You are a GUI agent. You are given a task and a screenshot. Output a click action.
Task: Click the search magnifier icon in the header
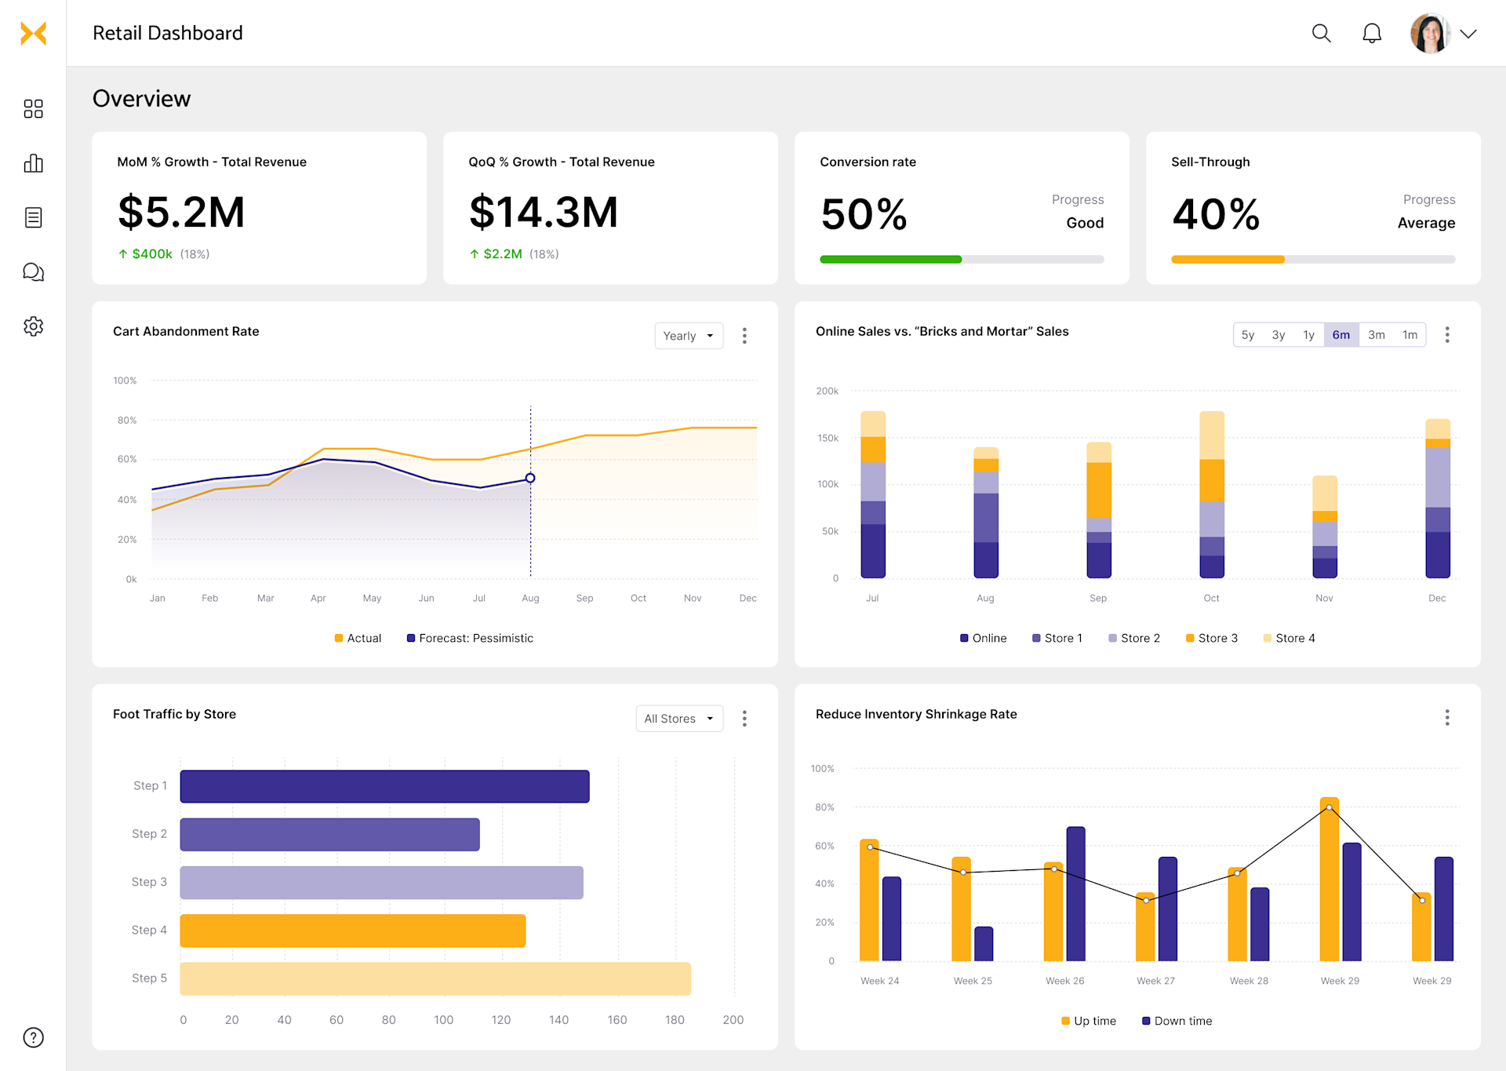[x=1321, y=33]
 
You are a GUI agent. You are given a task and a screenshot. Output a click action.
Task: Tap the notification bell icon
[x=1371, y=33]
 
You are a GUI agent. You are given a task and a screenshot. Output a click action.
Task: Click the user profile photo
[x=1429, y=33]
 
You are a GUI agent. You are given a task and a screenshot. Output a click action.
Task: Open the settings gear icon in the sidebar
[x=33, y=326]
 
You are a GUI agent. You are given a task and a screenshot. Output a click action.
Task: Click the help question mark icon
[x=33, y=1037]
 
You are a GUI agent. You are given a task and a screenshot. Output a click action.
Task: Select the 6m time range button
[x=1340, y=335]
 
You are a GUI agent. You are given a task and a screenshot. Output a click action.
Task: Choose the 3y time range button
[x=1278, y=335]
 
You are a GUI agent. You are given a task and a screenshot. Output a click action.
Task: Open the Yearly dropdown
[x=688, y=336]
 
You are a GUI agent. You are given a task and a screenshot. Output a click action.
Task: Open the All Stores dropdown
[x=678, y=719]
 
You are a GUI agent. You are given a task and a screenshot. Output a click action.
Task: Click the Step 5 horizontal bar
[x=435, y=978]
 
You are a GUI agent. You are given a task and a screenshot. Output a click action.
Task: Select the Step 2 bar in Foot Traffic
[x=329, y=834]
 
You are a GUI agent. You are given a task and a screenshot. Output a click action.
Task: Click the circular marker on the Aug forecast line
[x=530, y=478]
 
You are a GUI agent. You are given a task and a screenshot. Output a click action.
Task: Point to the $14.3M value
[x=544, y=213]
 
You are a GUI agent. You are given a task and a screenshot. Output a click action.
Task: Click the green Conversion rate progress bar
[x=890, y=259]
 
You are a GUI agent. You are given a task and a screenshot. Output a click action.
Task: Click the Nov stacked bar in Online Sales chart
[x=1324, y=527]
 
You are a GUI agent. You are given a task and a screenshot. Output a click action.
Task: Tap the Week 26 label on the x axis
[x=1064, y=981]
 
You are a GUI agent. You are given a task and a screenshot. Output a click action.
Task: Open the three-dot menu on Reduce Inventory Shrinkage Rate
[x=1446, y=717]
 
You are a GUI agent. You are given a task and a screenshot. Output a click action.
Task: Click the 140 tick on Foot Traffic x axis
[x=558, y=1020]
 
